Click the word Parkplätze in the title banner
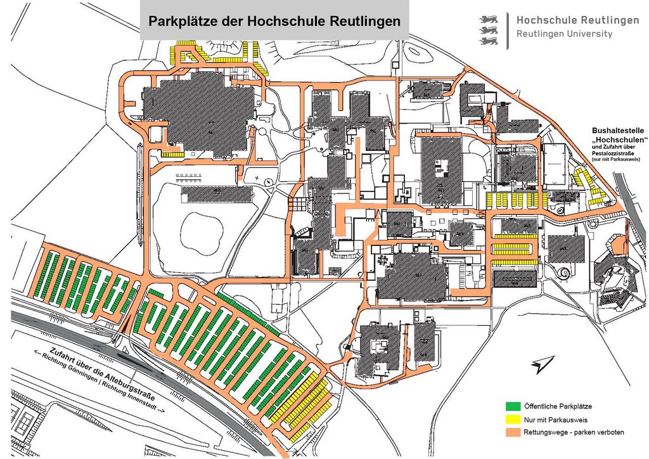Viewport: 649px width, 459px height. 179,21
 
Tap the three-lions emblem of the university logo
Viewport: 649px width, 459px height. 491,30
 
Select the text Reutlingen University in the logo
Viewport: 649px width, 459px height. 564,34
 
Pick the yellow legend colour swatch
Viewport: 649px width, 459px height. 513,419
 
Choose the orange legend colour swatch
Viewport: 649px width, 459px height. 513,432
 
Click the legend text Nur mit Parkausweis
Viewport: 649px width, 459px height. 555,419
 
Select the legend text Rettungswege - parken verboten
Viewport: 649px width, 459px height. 574,432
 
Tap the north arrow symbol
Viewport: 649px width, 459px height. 543,364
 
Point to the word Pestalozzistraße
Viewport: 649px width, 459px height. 614,153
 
